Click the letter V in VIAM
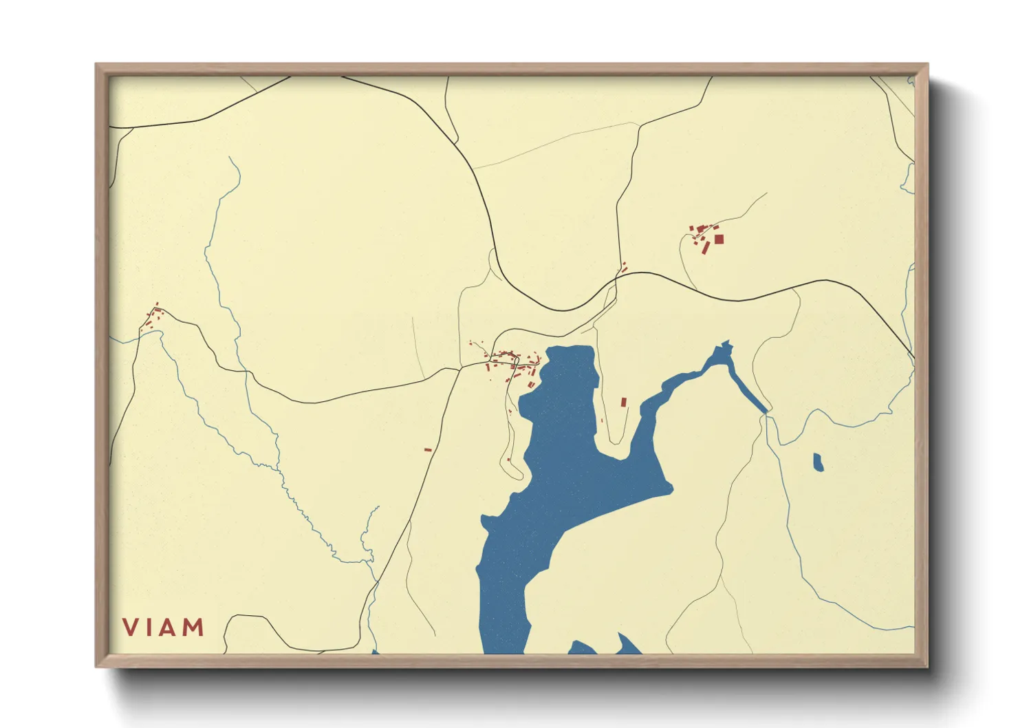coord(131,627)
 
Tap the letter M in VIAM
coord(193,627)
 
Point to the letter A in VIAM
coord(168,627)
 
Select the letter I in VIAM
coord(149,627)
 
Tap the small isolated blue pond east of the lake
coord(818,462)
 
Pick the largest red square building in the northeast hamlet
coord(719,239)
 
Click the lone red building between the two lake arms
coord(624,402)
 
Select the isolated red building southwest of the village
coord(428,450)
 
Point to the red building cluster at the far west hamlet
coord(152,319)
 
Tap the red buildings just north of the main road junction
coord(624,267)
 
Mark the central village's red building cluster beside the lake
coord(512,363)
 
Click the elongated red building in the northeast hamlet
coord(706,247)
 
